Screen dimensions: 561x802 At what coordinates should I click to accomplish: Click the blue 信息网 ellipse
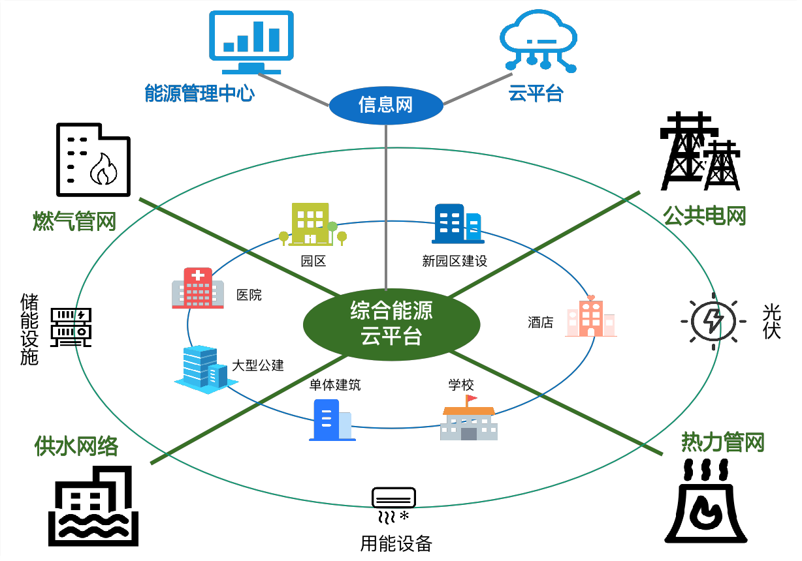(x=385, y=105)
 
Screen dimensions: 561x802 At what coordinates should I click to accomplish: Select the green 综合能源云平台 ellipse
(x=391, y=324)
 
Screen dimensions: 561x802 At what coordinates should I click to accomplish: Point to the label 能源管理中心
(x=199, y=93)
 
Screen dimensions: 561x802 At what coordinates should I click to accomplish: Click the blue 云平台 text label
(x=536, y=94)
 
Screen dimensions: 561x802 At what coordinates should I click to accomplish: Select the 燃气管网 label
(x=74, y=221)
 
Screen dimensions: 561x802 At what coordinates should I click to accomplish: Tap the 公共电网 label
(x=704, y=216)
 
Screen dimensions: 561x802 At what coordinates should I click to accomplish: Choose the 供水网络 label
(x=76, y=446)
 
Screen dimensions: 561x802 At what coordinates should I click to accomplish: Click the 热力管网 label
(x=722, y=442)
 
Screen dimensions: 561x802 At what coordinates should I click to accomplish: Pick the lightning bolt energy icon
(x=713, y=322)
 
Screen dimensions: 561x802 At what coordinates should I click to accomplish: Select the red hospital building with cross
(x=198, y=288)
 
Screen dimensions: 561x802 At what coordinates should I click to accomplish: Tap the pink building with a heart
(x=590, y=317)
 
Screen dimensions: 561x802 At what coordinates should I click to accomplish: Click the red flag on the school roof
(x=471, y=399)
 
